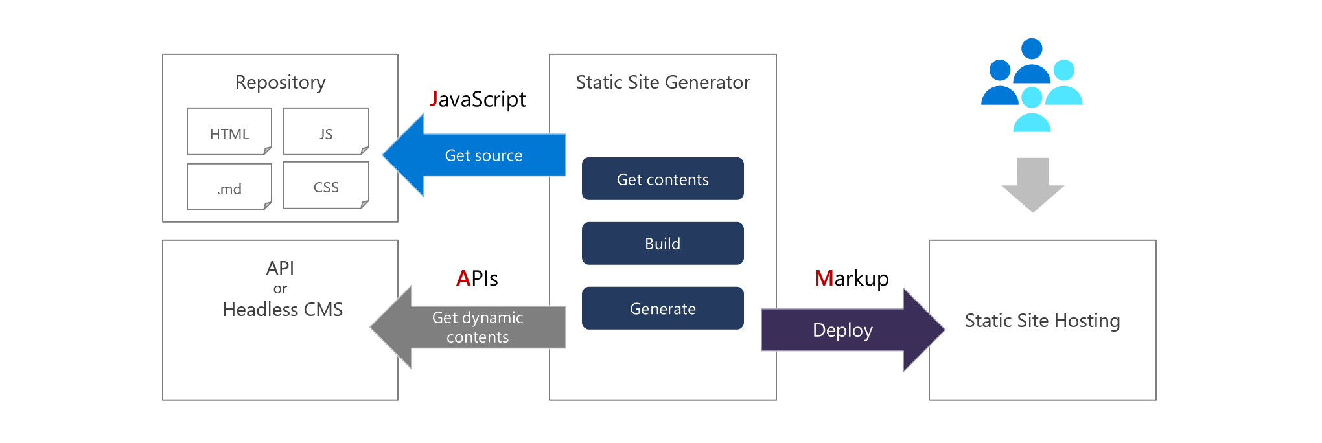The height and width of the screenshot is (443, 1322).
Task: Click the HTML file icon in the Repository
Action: pos(229,132)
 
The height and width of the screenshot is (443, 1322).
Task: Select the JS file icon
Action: pos(326,132)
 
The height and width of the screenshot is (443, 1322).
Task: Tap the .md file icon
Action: pos(229,187)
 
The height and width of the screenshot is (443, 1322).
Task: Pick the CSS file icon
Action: pos(326,186)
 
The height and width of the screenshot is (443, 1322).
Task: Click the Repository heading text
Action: pos(280,82)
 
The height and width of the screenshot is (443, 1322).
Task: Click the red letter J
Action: pos(434,98)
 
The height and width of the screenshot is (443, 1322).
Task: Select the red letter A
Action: pos(463,278)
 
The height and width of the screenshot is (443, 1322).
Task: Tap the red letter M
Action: pos(824,278)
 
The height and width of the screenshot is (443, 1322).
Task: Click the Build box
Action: pos(662,244)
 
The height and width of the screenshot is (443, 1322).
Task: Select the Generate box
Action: pos(662,308)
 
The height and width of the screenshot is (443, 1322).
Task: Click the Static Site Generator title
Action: pos(662,82)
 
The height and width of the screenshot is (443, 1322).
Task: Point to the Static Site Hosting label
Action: pos(1042,321)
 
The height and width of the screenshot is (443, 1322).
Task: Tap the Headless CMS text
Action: pos(283,310)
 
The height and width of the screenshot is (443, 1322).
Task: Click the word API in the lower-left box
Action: pos(280,268)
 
